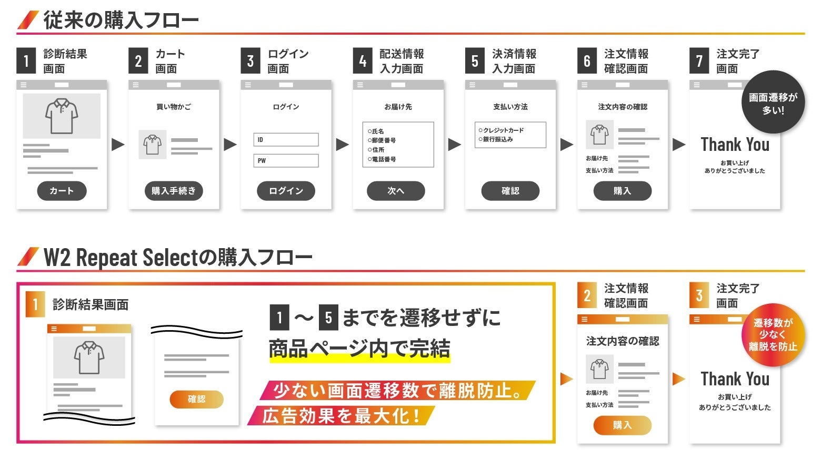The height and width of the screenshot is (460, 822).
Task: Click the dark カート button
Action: pos(62,191)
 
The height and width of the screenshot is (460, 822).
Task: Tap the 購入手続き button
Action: pos(174,191)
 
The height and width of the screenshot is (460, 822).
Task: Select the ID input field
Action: pos(286,140)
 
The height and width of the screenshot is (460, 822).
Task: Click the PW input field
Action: pos(286,161)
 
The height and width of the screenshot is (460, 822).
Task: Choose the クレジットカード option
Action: pos(503,130)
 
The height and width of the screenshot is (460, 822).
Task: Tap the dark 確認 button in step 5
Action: pos(510,191)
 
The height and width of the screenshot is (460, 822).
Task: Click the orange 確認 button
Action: pos(196,400)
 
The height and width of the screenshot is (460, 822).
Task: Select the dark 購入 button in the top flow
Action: pos(622,191)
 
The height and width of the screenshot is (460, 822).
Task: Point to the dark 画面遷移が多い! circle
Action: pos(773,103)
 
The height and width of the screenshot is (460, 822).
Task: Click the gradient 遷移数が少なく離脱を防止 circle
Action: pos(773,335)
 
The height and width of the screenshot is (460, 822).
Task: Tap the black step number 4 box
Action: pos(363,61)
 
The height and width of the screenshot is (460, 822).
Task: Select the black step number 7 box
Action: pos(699,61)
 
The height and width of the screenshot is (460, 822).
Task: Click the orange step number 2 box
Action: pos(587,295)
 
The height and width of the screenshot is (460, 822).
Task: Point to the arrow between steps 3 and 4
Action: pos(342,144)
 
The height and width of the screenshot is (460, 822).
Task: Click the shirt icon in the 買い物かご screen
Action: pos(153,145)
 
